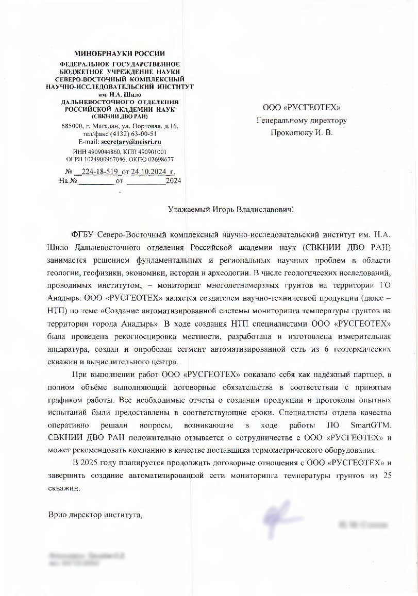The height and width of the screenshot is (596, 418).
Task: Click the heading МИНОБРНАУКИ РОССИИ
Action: [120, 54]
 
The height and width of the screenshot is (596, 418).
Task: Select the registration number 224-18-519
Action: [98, 172]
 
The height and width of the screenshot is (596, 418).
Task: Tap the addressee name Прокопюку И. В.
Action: [302, 132]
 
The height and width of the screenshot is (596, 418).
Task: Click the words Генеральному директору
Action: [302, 120]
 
